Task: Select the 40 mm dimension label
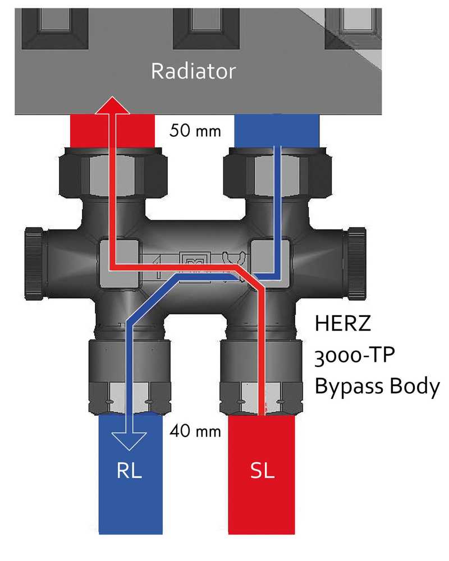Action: tap(195, 432)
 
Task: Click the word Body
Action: tap(416, 387)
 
